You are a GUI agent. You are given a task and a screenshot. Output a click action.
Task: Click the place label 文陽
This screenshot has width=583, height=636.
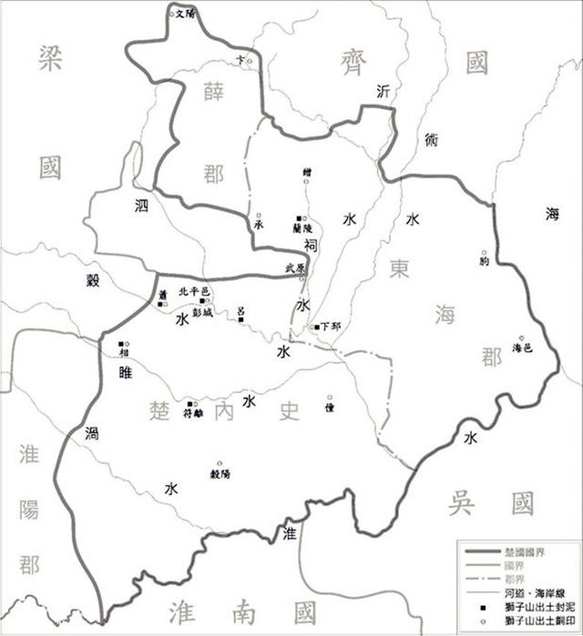click(185, 14)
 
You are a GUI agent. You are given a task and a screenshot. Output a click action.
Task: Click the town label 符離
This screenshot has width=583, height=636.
click(195, 412)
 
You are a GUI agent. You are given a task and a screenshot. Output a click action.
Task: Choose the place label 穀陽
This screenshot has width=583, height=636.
click(220, 474)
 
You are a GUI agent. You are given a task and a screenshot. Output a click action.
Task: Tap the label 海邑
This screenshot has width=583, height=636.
click(522, 348)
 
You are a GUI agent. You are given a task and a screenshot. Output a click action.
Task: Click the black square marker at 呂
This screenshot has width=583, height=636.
click(240, 319)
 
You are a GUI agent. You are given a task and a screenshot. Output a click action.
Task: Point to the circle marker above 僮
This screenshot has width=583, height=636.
click(330, 398)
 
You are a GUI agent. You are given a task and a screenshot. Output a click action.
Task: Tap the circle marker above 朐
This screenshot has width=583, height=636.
click(484, 252)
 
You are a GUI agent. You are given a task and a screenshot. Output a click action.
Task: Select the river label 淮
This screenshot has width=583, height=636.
click(291, 532)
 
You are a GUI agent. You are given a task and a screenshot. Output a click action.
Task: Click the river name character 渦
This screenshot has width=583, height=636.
click(91, 433)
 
